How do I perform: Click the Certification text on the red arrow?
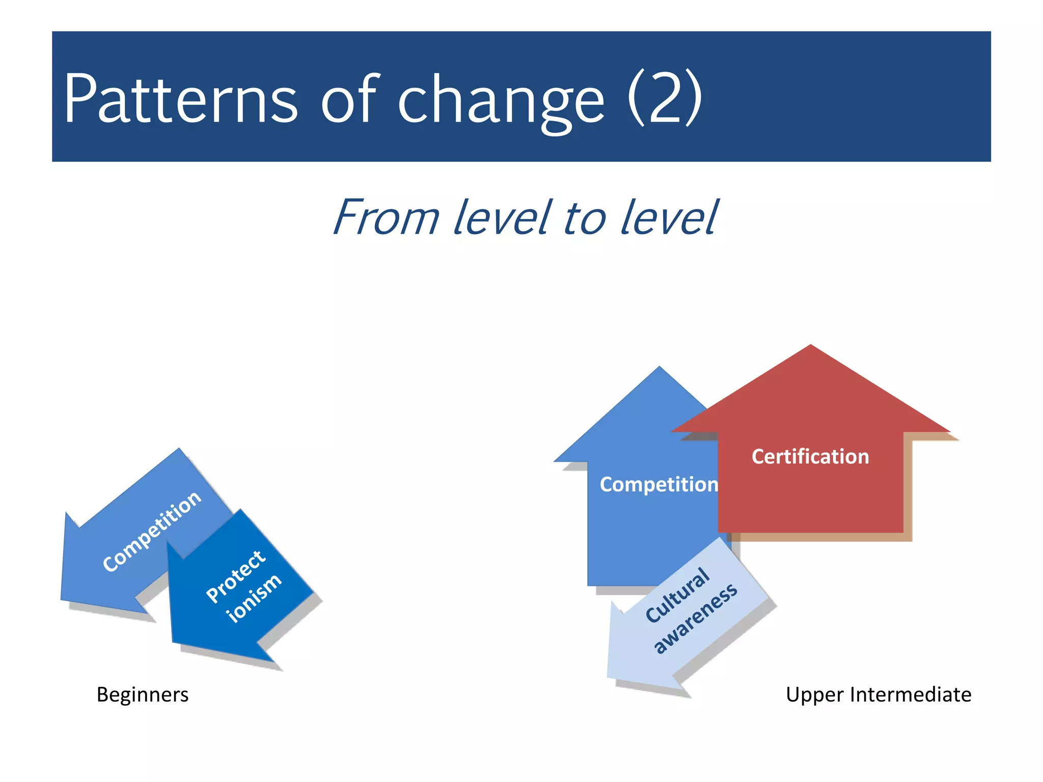810,457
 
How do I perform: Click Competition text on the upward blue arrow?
658,484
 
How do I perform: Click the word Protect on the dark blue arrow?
235,577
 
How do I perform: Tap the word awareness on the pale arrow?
696,618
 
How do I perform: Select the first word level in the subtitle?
502,218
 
